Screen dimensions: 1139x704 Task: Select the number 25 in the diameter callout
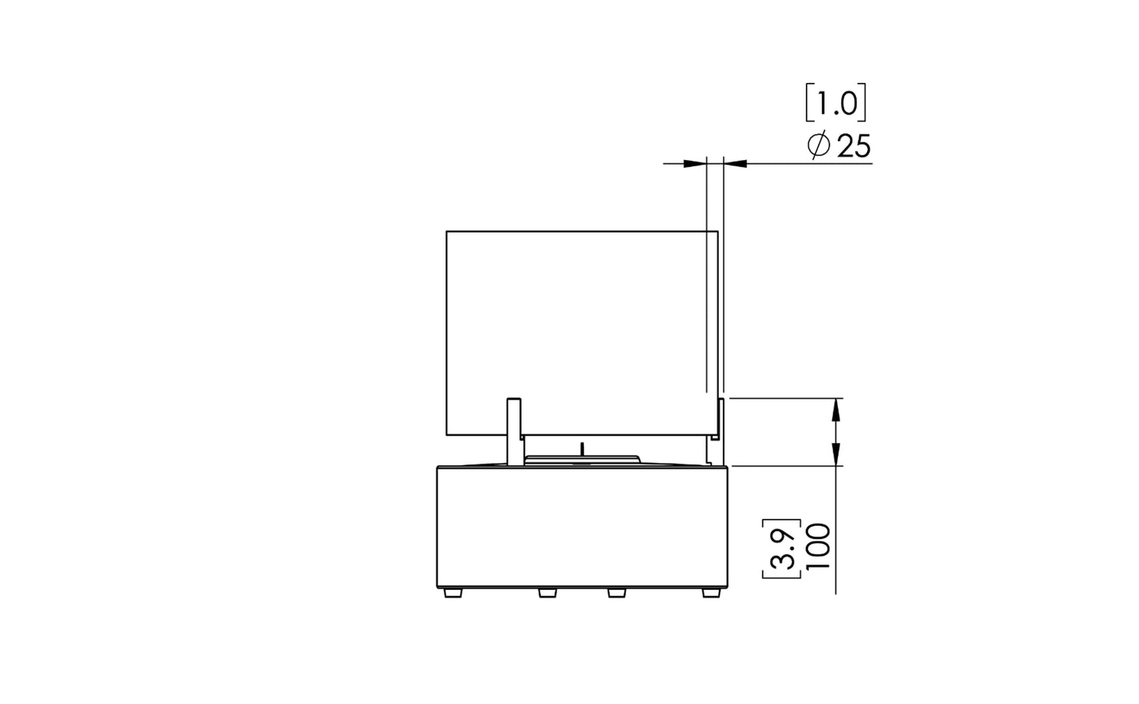854,147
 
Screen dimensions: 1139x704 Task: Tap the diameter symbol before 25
818,146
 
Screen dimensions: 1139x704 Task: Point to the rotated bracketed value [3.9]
782,549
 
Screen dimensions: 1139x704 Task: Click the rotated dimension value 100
818,547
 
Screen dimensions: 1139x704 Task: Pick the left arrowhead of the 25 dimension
695,164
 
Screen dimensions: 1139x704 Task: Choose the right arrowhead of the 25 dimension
735,164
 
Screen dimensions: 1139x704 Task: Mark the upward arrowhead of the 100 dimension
836,410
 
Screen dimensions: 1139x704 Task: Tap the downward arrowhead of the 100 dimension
836,454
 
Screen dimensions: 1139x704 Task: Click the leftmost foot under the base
452,593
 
